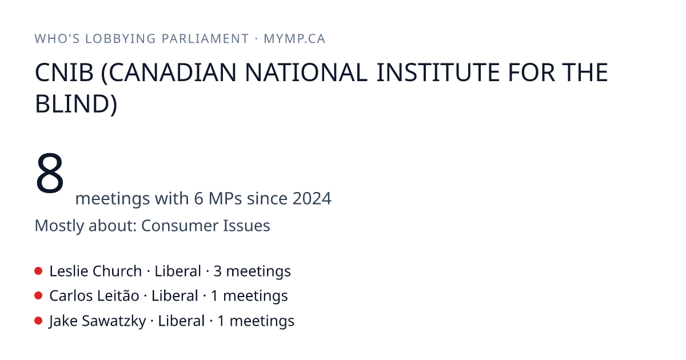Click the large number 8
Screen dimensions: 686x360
[x=50, y=173]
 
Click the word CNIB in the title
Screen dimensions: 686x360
[x=64, y=73]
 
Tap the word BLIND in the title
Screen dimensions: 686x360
[x=72, y=104]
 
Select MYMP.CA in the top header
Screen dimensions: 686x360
[x=294, y=39]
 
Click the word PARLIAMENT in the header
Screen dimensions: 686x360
[x=205, y=39]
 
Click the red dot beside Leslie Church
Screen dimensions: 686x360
[x=38, y=271]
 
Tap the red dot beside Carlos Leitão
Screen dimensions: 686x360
[x=38, y=296]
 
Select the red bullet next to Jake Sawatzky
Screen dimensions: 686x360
[x=38, y=321]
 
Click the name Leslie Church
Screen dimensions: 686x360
[x=95, y=271]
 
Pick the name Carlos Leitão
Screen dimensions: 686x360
[x=94, y=296]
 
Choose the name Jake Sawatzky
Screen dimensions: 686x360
[x=97, y=321]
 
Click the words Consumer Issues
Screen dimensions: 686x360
[x=205, y=226]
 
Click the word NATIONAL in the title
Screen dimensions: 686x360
[x=306, y=73]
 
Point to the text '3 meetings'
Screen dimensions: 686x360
[x=252, y=271]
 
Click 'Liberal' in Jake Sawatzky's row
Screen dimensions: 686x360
[x=181, y=321]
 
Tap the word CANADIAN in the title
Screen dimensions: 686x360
[x=173, y=73]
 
